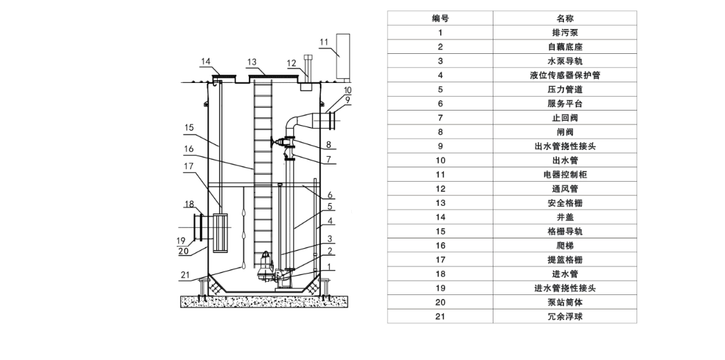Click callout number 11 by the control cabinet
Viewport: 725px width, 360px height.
click(x=324, y=42)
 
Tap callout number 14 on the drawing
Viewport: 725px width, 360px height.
click(x=205, y=61)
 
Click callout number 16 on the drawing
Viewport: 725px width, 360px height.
click(x=188, y=148)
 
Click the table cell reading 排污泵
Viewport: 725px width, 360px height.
click(x=565, y=32)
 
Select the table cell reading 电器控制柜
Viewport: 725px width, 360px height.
click(x=565, y=175)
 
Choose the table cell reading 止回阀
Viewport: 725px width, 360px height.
click(x=565, y=117)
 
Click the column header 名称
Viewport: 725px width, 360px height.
click(x=565, y=19)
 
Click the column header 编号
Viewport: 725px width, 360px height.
click(x=440, y=19)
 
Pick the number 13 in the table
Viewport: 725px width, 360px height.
click(x=440, y=203)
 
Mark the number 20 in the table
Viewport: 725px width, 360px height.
click(x=440, y=302)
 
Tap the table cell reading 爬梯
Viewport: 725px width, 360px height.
click(x=565, y=245)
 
